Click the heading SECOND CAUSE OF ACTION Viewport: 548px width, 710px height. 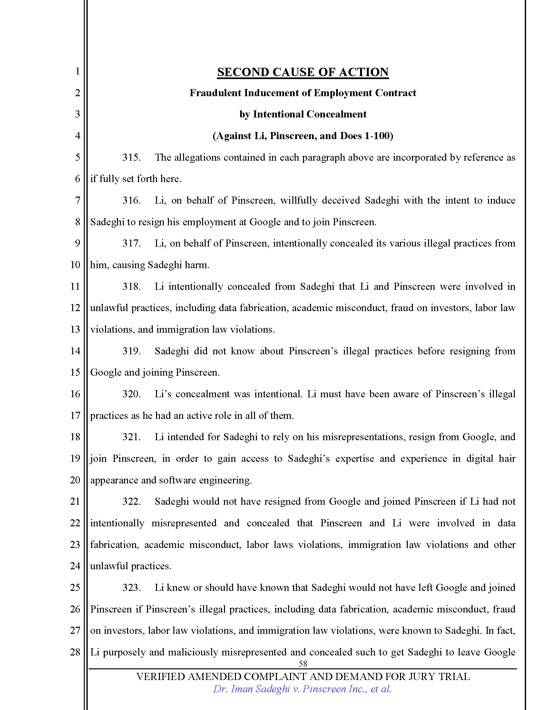click(x=303, y=72)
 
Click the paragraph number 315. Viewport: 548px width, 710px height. click(x=131, y=158)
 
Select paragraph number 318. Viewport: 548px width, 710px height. click(x=131, y=286)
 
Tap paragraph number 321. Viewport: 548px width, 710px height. click(x=131, y=437)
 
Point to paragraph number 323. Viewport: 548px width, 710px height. click(x=131, y=587)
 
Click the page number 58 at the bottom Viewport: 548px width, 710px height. click(x=303, y=664)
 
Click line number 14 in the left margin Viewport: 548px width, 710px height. click(x=75, y=351)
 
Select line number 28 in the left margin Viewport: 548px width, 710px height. click(x=75, y=652)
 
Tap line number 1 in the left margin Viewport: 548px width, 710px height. click(x=77, y=71)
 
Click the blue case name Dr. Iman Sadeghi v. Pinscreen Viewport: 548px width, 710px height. click(x=302, y=689)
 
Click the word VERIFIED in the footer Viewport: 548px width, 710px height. click(x=161, y=676)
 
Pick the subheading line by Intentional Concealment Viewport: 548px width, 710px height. click(x=303, y=115)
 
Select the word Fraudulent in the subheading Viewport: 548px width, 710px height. click(x=216, y=93)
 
